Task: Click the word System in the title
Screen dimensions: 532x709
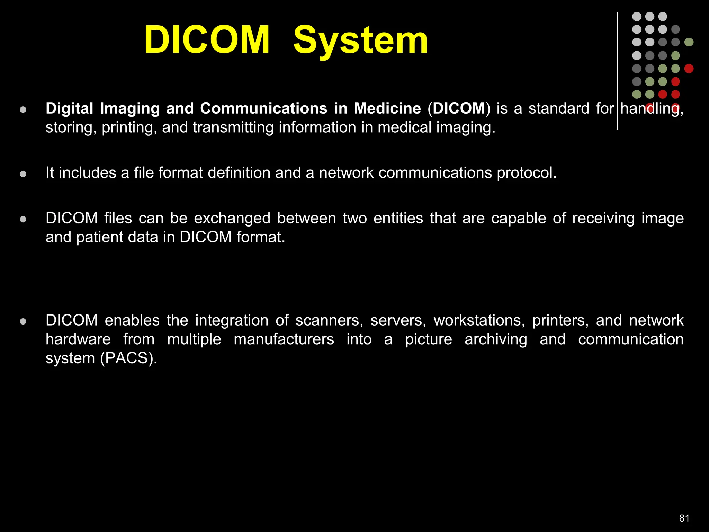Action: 360,41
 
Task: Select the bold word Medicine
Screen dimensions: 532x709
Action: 387,108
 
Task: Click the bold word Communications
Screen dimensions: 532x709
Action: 263,108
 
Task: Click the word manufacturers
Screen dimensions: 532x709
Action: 284,339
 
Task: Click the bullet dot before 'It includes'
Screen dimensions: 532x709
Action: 23,174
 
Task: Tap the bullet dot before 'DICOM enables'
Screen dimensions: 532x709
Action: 23,321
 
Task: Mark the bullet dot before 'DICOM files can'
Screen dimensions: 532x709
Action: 23,219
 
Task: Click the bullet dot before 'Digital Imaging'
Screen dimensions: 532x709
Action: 23,110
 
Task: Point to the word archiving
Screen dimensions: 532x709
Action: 496,339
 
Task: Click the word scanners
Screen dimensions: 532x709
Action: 329,320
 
